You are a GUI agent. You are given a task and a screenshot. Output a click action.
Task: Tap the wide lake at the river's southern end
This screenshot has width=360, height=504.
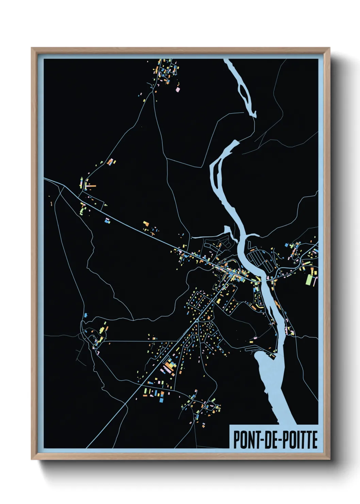click(272, 381)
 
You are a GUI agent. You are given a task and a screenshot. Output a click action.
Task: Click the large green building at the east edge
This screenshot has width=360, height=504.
click(309, 279)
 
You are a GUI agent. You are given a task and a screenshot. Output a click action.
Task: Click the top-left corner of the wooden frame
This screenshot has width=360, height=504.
click(32, 48)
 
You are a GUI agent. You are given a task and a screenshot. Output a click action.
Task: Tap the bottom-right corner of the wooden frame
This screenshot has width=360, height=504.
click(329, 459)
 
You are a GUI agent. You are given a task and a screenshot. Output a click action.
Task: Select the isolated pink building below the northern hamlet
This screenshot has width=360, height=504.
click(177, 89)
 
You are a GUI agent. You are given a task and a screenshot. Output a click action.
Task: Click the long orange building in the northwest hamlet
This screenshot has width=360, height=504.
click(91, 186)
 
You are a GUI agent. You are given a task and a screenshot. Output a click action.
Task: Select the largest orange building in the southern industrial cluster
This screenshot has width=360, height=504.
click(168, 367)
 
